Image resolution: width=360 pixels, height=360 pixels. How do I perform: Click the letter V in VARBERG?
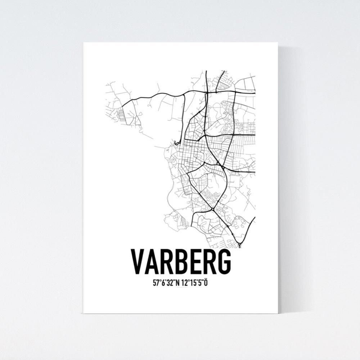(138, 261)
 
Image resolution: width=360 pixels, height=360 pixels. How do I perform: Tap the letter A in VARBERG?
(153, 261)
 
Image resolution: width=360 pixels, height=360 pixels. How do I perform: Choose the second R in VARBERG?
(208, 261)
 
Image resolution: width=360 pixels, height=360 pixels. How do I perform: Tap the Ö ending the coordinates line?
(206, 283)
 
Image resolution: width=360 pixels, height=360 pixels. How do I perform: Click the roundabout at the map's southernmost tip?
(239, 246)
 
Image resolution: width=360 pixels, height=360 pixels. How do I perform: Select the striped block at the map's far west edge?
(120, 115)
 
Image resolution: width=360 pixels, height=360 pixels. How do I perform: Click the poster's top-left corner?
(83, 42)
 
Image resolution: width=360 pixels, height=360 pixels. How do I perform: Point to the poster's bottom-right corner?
(278, 313)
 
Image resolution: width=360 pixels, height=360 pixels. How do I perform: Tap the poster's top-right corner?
(278, 42)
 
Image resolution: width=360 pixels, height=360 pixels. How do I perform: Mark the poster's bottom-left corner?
(83, 313)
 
